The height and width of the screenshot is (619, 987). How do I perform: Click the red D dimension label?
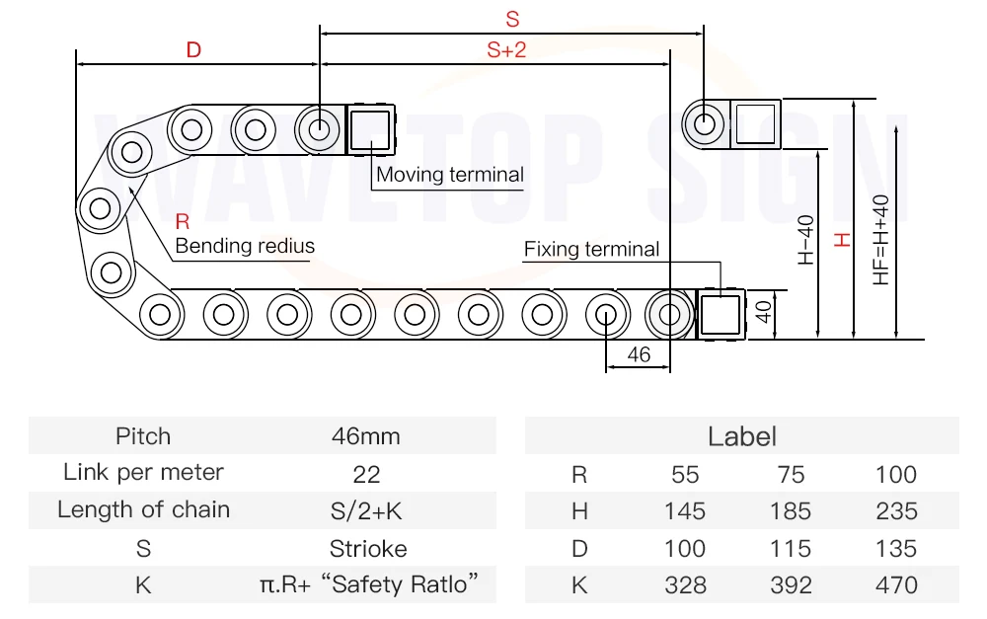[193, 49]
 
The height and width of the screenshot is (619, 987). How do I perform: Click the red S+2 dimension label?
[506, 49]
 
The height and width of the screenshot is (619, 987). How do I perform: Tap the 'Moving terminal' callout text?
[449, 175]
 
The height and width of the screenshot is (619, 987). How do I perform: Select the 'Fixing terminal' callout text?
[591, 249]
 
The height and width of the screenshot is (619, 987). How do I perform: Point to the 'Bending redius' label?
[245, 246]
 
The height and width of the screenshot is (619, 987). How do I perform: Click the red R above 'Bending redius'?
[182, 222]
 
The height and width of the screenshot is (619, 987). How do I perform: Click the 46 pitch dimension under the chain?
[639, 354]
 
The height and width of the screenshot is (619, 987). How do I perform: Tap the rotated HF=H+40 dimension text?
[880, 240]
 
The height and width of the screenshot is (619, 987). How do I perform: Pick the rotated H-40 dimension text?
[805, 240]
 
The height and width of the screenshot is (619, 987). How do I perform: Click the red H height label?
[842, 240]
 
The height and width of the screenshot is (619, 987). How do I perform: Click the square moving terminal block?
[370, 129]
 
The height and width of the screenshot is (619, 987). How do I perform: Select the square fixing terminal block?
[721, 314]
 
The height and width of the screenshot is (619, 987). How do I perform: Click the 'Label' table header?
[741, 436]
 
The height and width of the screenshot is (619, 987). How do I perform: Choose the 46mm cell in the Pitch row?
[366, 436]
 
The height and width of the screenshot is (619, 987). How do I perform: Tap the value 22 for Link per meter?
[366, 474]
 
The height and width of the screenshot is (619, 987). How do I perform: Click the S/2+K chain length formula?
[366, 510]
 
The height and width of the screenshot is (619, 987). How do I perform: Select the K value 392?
[791, 585]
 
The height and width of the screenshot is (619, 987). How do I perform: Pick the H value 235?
[896, 510]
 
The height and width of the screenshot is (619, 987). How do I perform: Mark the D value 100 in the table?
[685, 549]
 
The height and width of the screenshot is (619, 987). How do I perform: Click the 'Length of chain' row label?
[143, 509]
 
